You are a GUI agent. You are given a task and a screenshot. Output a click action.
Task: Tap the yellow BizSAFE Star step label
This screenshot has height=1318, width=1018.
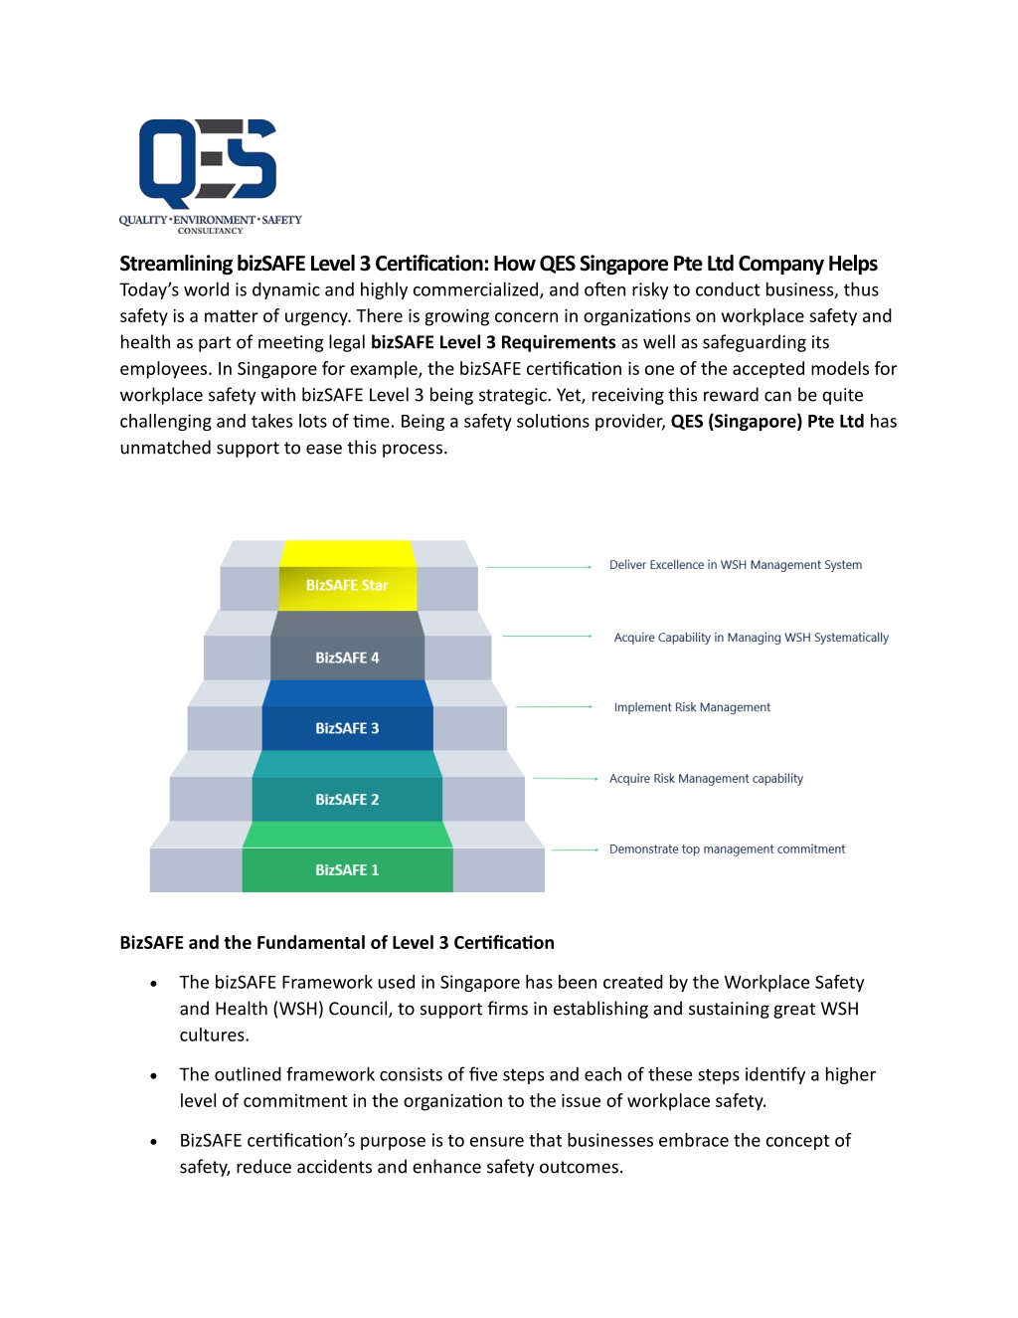click(347, 585)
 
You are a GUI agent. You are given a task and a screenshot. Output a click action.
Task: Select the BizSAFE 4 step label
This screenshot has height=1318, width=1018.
click(347, 659)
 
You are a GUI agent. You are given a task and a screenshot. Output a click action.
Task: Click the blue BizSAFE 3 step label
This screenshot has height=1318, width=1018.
click(347, 728)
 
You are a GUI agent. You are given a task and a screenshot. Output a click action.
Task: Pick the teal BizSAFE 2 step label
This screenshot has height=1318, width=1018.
click(347, 800)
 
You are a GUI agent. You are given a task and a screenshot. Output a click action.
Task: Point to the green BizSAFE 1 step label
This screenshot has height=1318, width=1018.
click(347, 870)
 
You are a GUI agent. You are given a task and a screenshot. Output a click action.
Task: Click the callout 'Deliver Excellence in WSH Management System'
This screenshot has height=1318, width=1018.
click(735, 565)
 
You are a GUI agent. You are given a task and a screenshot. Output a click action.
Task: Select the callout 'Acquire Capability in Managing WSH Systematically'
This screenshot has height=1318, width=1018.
click(751, 638)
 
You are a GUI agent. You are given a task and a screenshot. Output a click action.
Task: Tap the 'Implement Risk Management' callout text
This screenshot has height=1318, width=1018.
click(692, 707)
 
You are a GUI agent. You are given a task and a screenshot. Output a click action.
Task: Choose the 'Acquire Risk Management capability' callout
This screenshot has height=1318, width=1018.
click(706, 778)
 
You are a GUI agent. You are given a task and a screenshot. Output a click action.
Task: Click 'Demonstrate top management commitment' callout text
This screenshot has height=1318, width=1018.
click(727, 849)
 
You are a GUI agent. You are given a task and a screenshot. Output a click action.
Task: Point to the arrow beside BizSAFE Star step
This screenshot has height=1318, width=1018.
click(539, 567)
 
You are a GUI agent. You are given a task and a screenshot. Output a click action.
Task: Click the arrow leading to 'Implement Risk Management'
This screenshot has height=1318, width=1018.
click(554, 706)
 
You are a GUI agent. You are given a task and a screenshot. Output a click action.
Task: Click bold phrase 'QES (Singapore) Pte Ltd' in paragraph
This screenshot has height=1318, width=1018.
click(767, 421)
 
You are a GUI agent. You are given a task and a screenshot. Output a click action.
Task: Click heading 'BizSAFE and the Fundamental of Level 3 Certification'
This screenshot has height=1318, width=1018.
click(337, 943)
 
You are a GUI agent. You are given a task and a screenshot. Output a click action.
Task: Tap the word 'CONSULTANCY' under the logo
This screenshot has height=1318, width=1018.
click(211, 231)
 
